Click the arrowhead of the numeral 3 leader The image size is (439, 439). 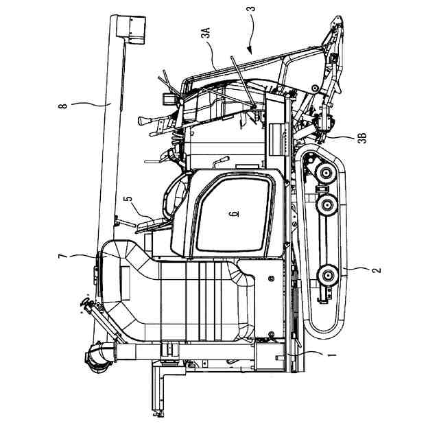248,51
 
